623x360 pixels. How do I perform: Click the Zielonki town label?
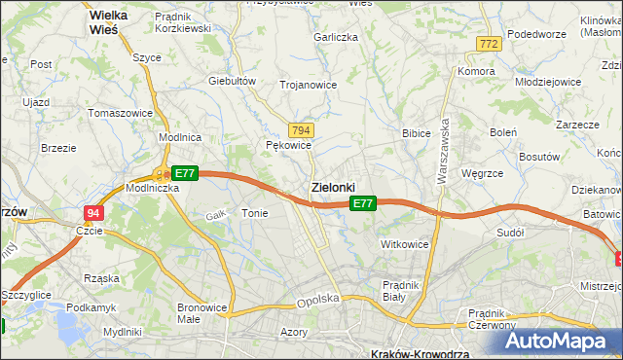click(x=333, y=187)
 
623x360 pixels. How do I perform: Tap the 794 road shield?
click(x=301, y=130)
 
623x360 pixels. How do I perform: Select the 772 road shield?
click(x=489, y=44)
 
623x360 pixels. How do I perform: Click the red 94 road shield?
click(x=92, y=212)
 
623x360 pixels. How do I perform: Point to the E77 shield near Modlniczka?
click(x=187, y=173)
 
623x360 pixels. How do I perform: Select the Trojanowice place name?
click(x=308, y=85)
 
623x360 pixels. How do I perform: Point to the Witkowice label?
click(x=405, y=244)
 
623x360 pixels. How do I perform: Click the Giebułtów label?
click(x=232, y=81)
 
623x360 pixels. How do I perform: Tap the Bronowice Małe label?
click(x=202, y=313)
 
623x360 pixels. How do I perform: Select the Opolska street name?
click(x=317, y=302)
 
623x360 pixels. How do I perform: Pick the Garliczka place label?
click(x=336, y=37)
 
